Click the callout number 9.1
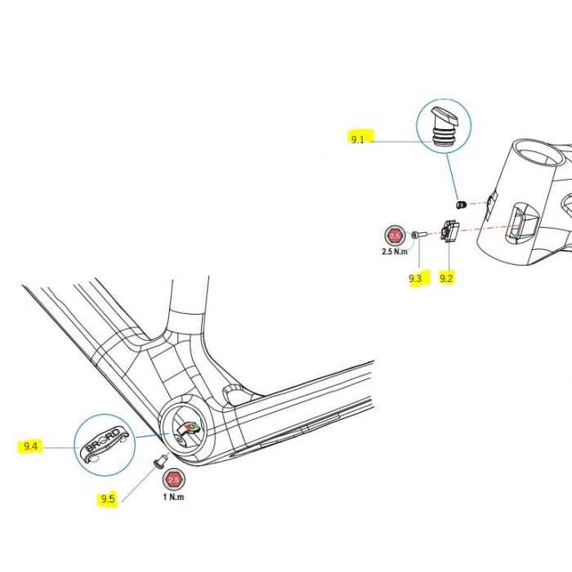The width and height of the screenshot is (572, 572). [x=358, y=140]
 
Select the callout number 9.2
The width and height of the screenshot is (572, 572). [x=446, y=278]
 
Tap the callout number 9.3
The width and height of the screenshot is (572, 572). [x=416, y=278]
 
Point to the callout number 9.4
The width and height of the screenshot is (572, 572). [x=31, y=446]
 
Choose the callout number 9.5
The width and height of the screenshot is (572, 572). [x=108, y=498]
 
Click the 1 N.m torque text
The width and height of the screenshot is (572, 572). [x=172, y=497]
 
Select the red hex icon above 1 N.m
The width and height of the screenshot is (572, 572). [x=173, y=480]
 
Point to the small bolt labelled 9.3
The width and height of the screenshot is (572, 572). [x=417, y=235]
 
